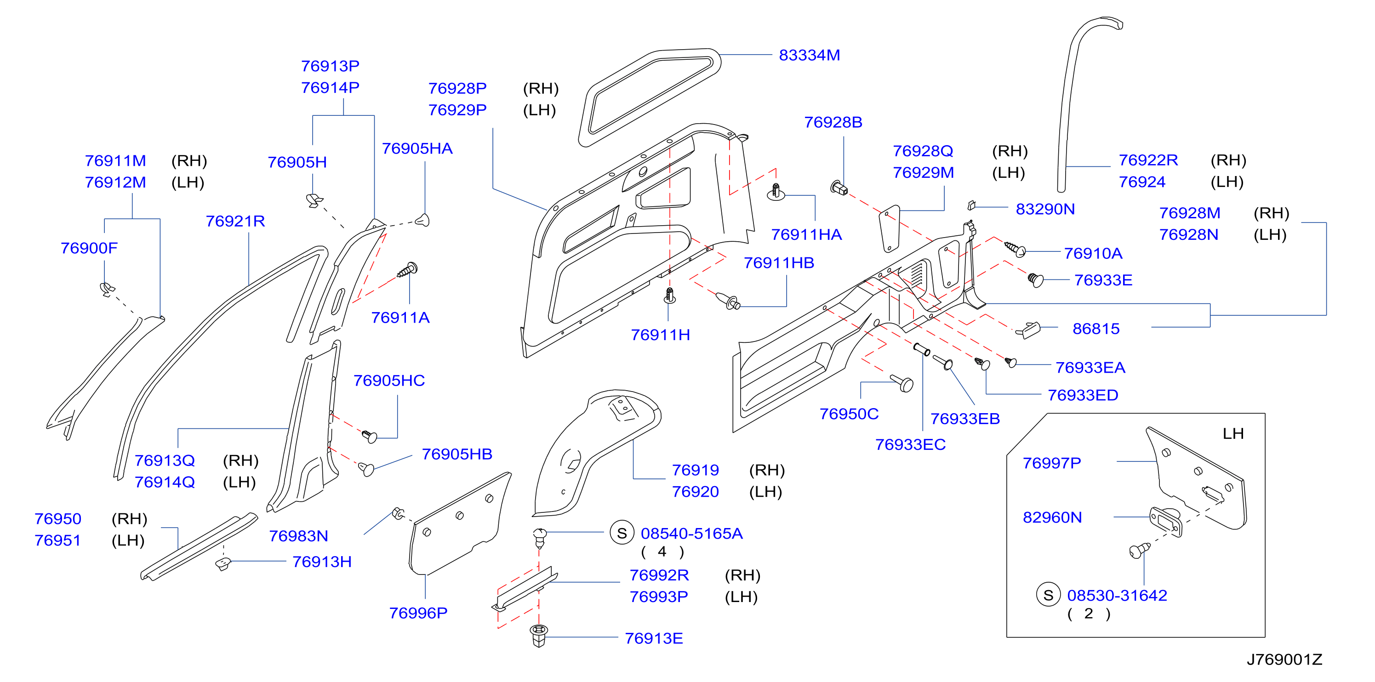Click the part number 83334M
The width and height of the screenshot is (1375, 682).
tap(809, 55)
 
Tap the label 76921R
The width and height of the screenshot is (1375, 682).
tap(235, 221)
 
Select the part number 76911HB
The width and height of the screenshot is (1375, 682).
tap(779, 262)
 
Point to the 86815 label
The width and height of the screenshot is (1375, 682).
tap(1096, 329)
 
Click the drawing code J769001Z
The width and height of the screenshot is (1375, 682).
tap(1284, 659)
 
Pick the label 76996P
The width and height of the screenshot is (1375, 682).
tap(418, 613)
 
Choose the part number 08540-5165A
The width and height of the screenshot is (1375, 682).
tap(691, 533)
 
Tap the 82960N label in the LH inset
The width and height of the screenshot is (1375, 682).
tap(1052, 517)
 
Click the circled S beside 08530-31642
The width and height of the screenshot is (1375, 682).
tap(1048, 595)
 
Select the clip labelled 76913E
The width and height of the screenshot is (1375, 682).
tap(539, 635)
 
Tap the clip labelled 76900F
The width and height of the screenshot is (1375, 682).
tap(107, 289)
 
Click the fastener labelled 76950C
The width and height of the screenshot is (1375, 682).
tap(902, 383)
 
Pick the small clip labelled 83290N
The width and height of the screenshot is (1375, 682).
tap(971, 205)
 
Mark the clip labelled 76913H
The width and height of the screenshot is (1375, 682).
tap(223, 563)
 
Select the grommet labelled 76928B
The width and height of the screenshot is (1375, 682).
tap(839, 188)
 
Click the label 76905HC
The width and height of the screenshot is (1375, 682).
tap(389, 381)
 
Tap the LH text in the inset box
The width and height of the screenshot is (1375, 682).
tap(1233, 433)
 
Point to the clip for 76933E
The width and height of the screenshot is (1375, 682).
tap(1035, 279)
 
